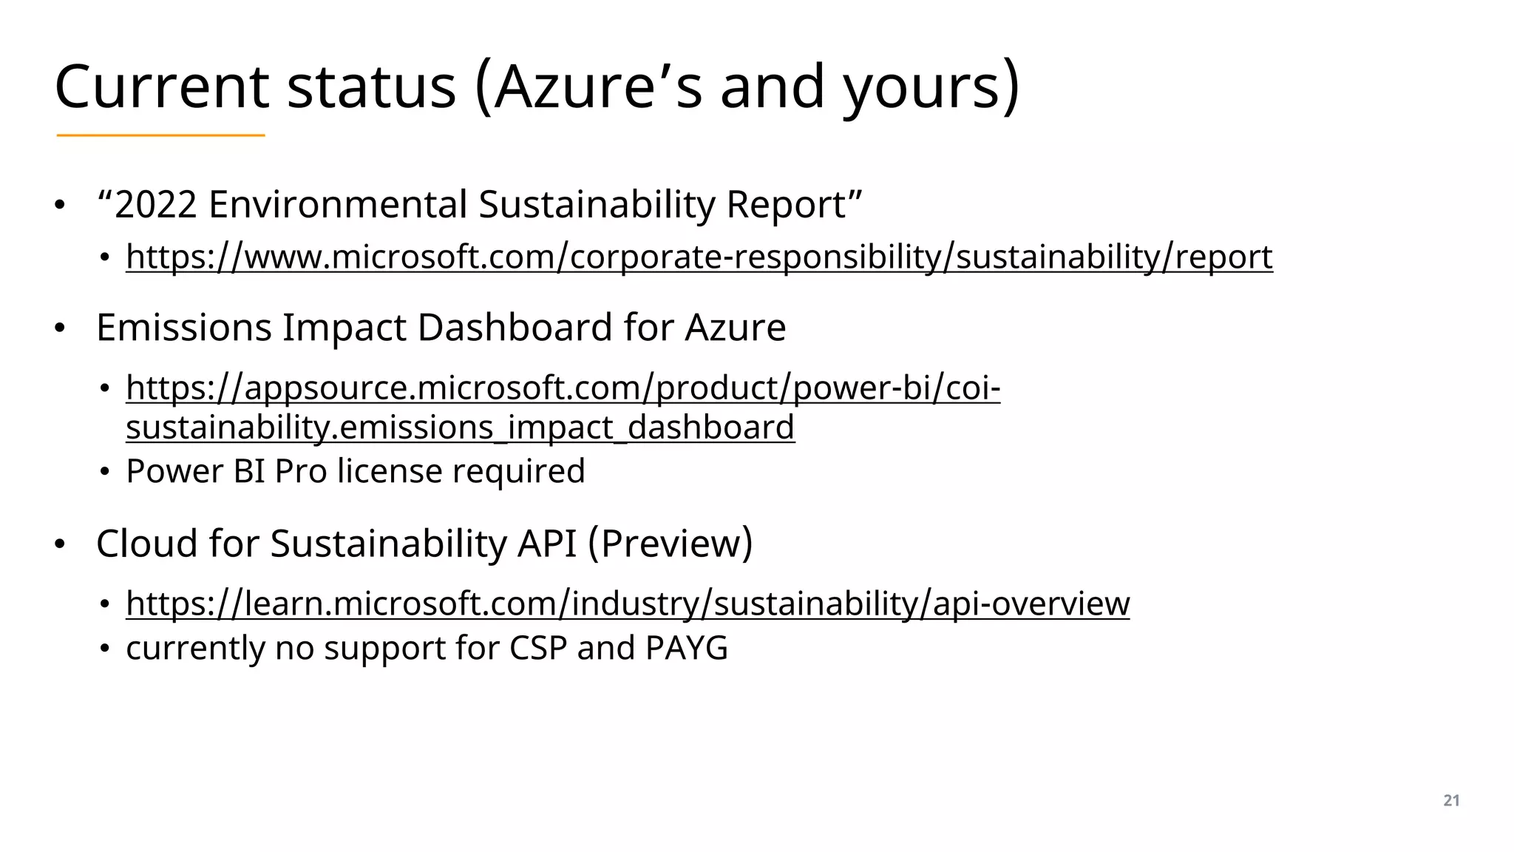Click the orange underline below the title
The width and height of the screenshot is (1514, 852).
(x=160, y=135)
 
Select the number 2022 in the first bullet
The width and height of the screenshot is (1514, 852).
(x=156, y=205)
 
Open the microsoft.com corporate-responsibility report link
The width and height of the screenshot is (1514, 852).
(x=699, y=257)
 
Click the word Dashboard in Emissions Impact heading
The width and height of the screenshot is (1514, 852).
(x=515, y=328)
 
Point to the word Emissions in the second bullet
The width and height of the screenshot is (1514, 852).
(x=183, y=328)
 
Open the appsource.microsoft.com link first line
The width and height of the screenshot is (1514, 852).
(x=563, y=388)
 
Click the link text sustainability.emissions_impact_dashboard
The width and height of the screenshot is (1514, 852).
(x=460, y=427)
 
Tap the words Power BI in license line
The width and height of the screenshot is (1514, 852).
(x=195, y=471)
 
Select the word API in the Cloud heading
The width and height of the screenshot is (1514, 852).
(x=546, y=544)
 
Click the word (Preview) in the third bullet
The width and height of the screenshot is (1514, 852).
(x=671, y=544)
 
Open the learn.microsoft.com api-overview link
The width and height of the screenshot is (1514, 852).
(x=627, y=603)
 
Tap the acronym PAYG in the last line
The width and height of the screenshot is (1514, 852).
(x=686, y=648)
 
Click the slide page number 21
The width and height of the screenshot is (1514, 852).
(x=1451, y=800)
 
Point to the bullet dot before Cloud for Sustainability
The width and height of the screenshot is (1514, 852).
(x=60, y=545)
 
